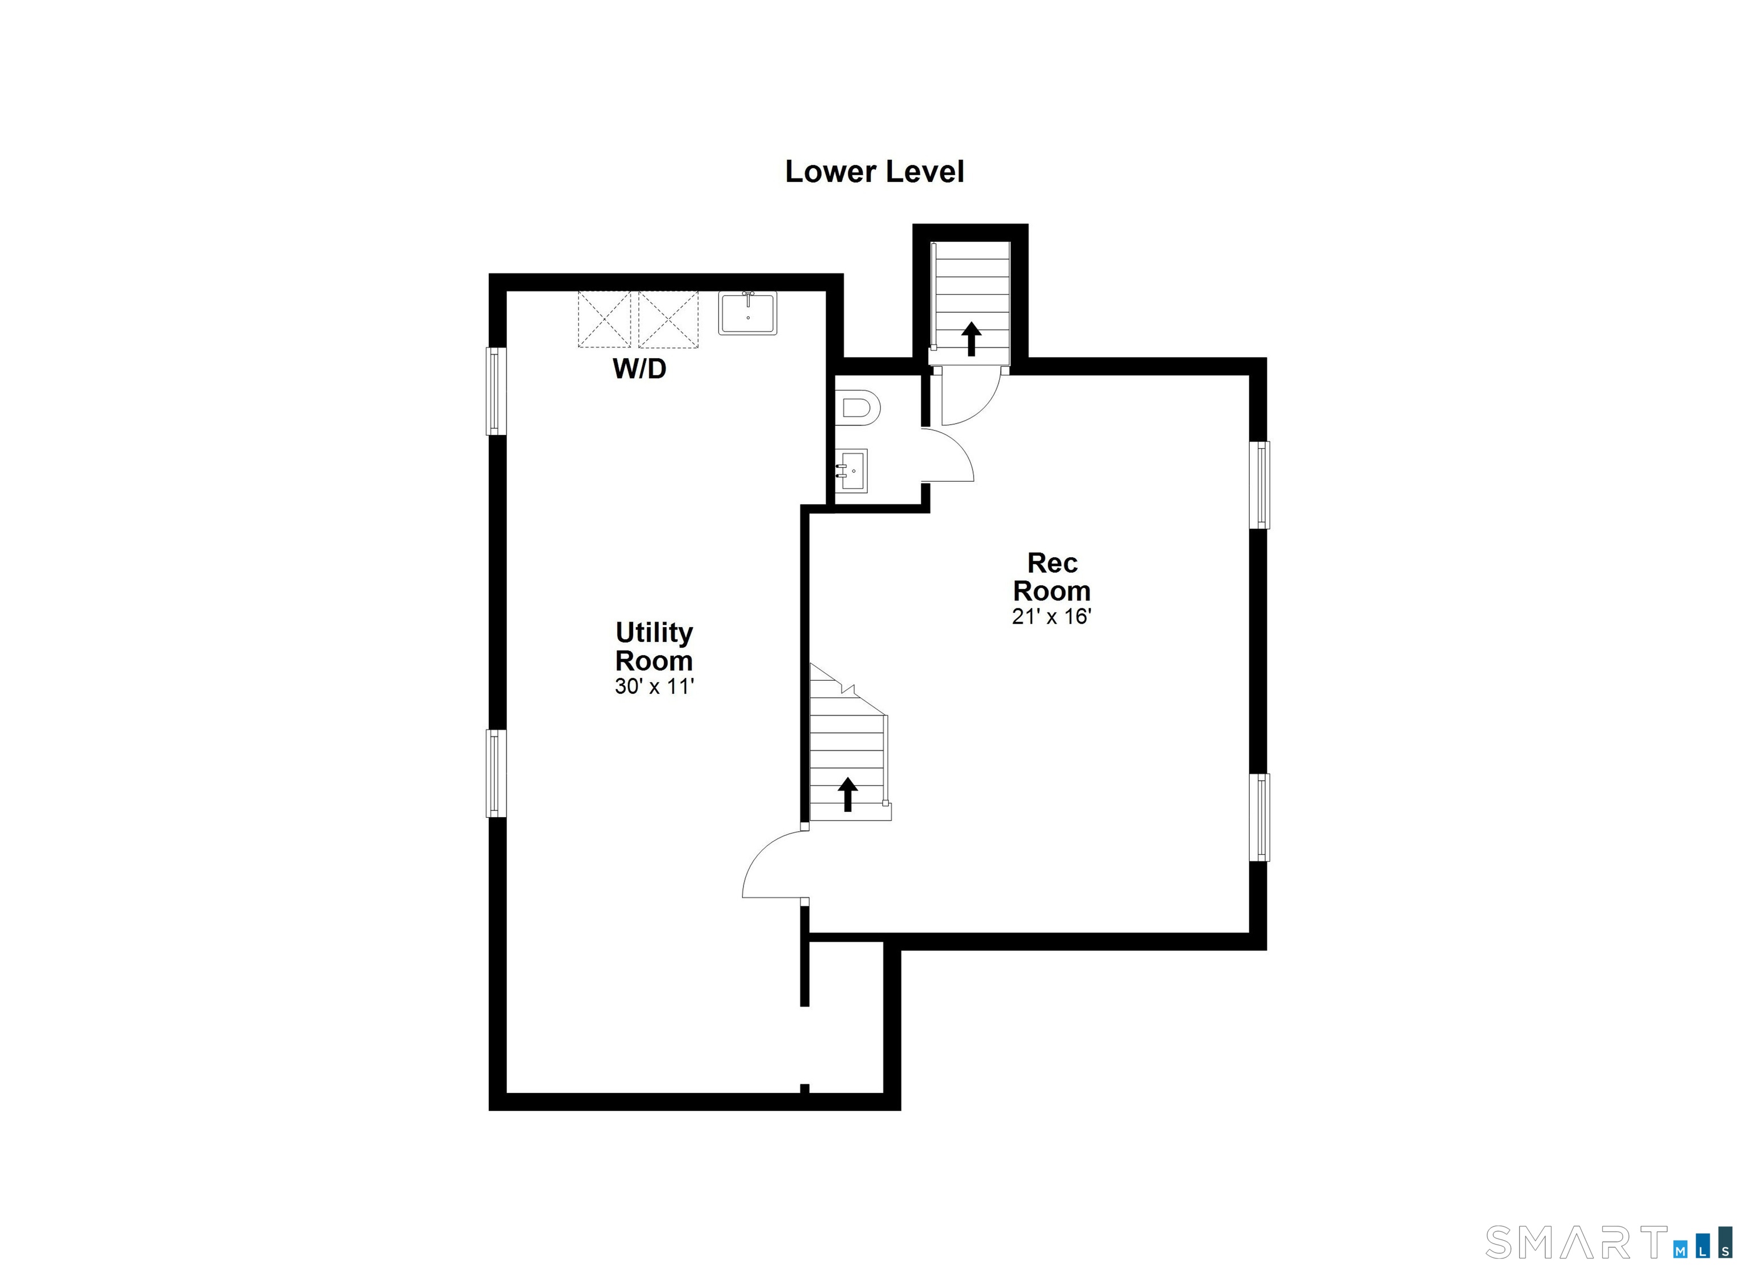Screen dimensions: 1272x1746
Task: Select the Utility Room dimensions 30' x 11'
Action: point(654,686)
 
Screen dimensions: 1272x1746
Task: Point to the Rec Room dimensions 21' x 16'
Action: point(1051,617)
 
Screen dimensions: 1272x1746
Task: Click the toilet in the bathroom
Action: point(857,408)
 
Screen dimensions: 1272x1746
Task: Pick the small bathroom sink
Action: point(851,470)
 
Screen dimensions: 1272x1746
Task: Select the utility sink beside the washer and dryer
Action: point(747,313)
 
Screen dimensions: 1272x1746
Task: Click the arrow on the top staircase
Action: point(971,339)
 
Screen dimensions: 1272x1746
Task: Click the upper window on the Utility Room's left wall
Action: point(497,391)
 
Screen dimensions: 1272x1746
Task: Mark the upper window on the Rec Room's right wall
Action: point(1259,485)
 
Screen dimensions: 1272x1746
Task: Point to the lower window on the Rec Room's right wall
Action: point(1259,817)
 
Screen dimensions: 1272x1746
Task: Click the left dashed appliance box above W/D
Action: point(604,319)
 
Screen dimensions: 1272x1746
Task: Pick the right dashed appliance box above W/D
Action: point(668,319)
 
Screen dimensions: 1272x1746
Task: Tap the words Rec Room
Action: point(1051,577)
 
